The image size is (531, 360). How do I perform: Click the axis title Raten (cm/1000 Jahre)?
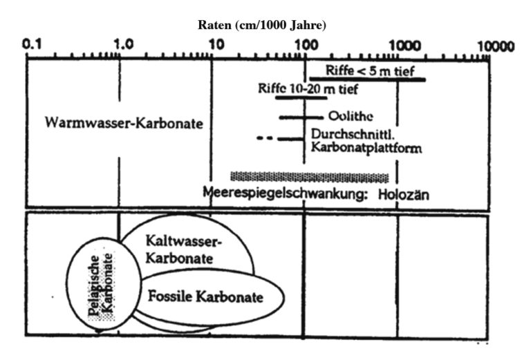pos(262,26)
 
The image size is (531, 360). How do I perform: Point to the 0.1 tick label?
pos(32,44)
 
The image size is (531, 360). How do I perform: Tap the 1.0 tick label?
pos(124,44)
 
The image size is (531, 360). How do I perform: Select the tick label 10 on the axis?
pos(216,44)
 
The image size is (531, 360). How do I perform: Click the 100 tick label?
pos(306,45)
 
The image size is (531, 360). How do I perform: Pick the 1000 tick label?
pos(404,46)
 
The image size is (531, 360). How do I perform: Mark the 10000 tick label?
pos(496,46)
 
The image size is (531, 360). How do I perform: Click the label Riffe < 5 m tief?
pos(370,70)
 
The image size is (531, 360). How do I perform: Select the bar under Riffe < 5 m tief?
pos(367,80)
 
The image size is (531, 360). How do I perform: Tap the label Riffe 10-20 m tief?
pos(308,89)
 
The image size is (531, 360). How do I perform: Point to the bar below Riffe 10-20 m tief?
pos(301,98)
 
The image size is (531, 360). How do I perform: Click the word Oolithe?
pos(351,116)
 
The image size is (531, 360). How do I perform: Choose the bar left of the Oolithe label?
pos(301,117)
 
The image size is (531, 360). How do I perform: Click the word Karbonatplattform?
pos(366,148)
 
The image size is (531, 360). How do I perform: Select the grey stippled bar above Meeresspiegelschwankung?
pos(310,177)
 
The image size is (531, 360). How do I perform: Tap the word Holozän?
pos(403,195)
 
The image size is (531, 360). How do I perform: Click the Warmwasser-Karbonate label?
pos(124,123)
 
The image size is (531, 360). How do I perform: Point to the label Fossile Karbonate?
pos(205,296)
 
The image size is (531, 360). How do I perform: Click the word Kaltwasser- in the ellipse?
pos(183,241)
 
